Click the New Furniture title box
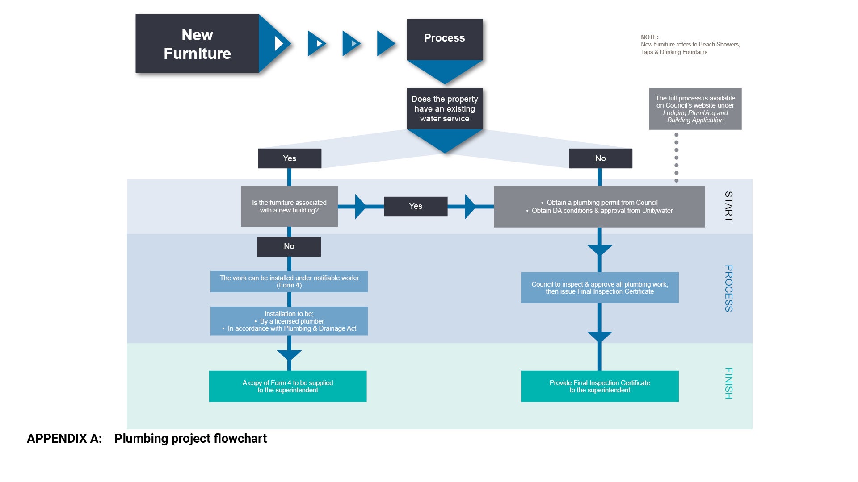pos(197,44)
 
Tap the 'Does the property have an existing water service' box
pos(444,109)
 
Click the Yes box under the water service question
pos(289,158)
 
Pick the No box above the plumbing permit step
pos(600,158)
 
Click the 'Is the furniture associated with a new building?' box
pos(289,206)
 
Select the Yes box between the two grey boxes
pos(415,206)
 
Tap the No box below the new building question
pos(289,246)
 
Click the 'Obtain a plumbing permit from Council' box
pos(599,207)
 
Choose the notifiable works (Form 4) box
pos(289,282)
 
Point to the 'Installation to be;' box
pos(289,321)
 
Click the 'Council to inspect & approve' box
pos(599,288)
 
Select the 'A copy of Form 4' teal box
pos(287,386)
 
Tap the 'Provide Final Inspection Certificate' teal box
pos(599,386)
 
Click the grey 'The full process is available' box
pos(695,109)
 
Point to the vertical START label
pos(728,207)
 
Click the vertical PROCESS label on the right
pos(728,288)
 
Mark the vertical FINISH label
pos(728,383)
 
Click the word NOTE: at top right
pos(649,37)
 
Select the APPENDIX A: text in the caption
pos(64,439)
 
